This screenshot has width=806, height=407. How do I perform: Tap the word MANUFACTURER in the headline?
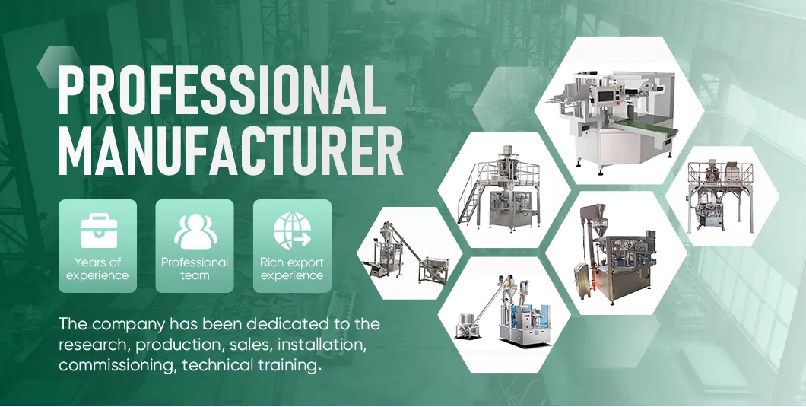point(230,153)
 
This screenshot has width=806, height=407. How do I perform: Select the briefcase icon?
point(97,230)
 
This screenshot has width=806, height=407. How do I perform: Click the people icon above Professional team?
point(195,231)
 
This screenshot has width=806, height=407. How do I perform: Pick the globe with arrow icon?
point(292,231)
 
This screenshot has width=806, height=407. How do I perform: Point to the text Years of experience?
point(97,269)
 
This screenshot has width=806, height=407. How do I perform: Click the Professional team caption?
point(195,269)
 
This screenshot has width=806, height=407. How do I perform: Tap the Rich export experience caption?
point(292,269)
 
